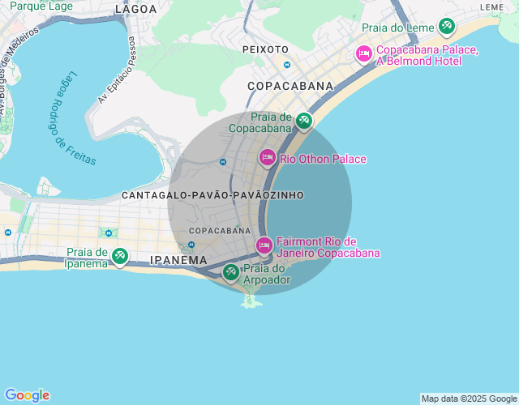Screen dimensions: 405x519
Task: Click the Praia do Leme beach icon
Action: (446, 27)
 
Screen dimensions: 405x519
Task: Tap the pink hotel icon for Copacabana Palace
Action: (364, 54)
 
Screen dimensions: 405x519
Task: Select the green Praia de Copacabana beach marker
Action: (303, 122)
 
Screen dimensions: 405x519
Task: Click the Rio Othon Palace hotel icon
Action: (268, 158)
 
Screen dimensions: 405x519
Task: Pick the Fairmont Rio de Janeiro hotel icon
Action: (264, 245)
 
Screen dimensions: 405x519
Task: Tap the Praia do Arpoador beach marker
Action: (231, 273)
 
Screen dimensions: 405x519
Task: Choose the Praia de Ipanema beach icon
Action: (119, 257)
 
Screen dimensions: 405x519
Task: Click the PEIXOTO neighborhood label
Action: (265, 49)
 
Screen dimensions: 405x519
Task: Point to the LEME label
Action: (491, 6)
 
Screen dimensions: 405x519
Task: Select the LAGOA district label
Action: (135, 9)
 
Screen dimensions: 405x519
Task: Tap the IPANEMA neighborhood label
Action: (179, 260)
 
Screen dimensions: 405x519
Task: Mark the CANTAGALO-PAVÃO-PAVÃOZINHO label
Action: (212, 195)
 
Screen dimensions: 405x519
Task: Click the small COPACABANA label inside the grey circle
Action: (220, 231)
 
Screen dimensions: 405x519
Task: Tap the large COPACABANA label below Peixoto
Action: (290, 86)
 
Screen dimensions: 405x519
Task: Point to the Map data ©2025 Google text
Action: (468, 399)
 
